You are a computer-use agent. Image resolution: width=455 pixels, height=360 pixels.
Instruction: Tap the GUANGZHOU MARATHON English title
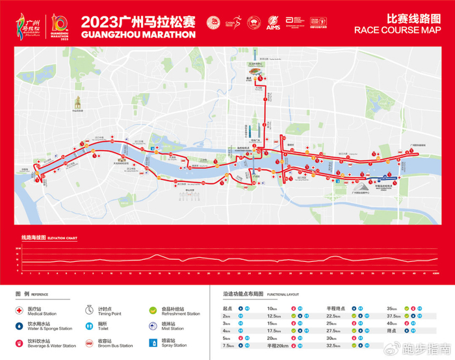click(138, 34)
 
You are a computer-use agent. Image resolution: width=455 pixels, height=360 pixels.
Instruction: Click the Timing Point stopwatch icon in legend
click(92, 311)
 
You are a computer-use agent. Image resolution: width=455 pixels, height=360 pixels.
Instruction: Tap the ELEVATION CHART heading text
click(62, 238)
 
